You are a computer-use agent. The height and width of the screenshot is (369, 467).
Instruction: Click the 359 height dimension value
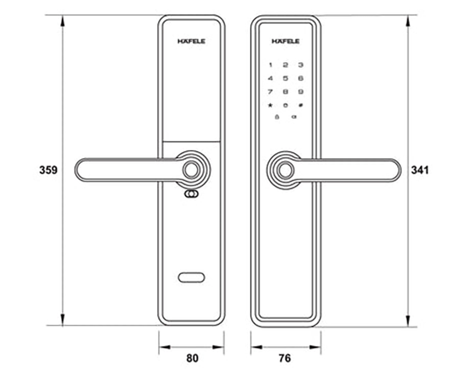point(47,170)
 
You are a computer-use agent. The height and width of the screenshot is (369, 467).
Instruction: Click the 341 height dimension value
point(420,170)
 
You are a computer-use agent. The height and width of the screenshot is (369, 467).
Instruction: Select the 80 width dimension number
point(192,357)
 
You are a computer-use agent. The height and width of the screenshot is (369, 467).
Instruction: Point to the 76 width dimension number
point(285,357)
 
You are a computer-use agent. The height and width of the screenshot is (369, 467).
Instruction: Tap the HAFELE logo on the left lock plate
point(191,41)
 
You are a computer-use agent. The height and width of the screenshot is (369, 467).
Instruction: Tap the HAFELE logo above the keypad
point(285,41)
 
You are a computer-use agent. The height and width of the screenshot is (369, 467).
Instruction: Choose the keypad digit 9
point(300,92)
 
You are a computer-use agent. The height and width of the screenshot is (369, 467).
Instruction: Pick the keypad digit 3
point(300,65)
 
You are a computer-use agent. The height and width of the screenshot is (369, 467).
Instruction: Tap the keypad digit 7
point(270,92)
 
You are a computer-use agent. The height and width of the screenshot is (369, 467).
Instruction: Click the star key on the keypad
point(270,105)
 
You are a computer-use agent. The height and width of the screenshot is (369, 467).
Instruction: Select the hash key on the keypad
point(300,105)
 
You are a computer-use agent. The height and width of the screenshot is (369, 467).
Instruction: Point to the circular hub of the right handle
point(285,170)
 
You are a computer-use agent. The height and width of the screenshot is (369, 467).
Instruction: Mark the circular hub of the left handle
point(191,170)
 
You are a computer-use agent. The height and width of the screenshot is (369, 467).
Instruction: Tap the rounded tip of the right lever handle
point(395,170)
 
